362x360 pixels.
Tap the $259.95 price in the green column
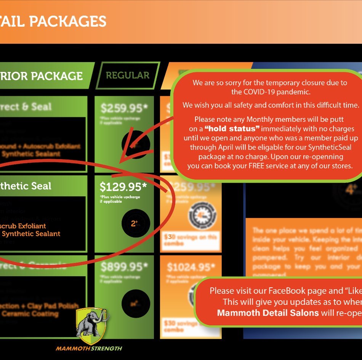coord(120,109)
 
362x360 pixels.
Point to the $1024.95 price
coord(191,267)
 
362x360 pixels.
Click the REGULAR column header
coord(127,75)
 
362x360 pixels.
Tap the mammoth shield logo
coord(91,326)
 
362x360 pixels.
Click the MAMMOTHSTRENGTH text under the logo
coord(89,348)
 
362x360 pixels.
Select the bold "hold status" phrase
coord(232,128)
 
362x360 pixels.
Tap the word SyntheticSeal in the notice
coord(325,147)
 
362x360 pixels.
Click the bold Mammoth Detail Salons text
coord(268,313)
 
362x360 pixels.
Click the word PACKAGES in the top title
coord(68,21)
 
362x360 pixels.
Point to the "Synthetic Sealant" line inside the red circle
coord(31,234)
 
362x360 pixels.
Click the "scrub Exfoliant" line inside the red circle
coord(23,226)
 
